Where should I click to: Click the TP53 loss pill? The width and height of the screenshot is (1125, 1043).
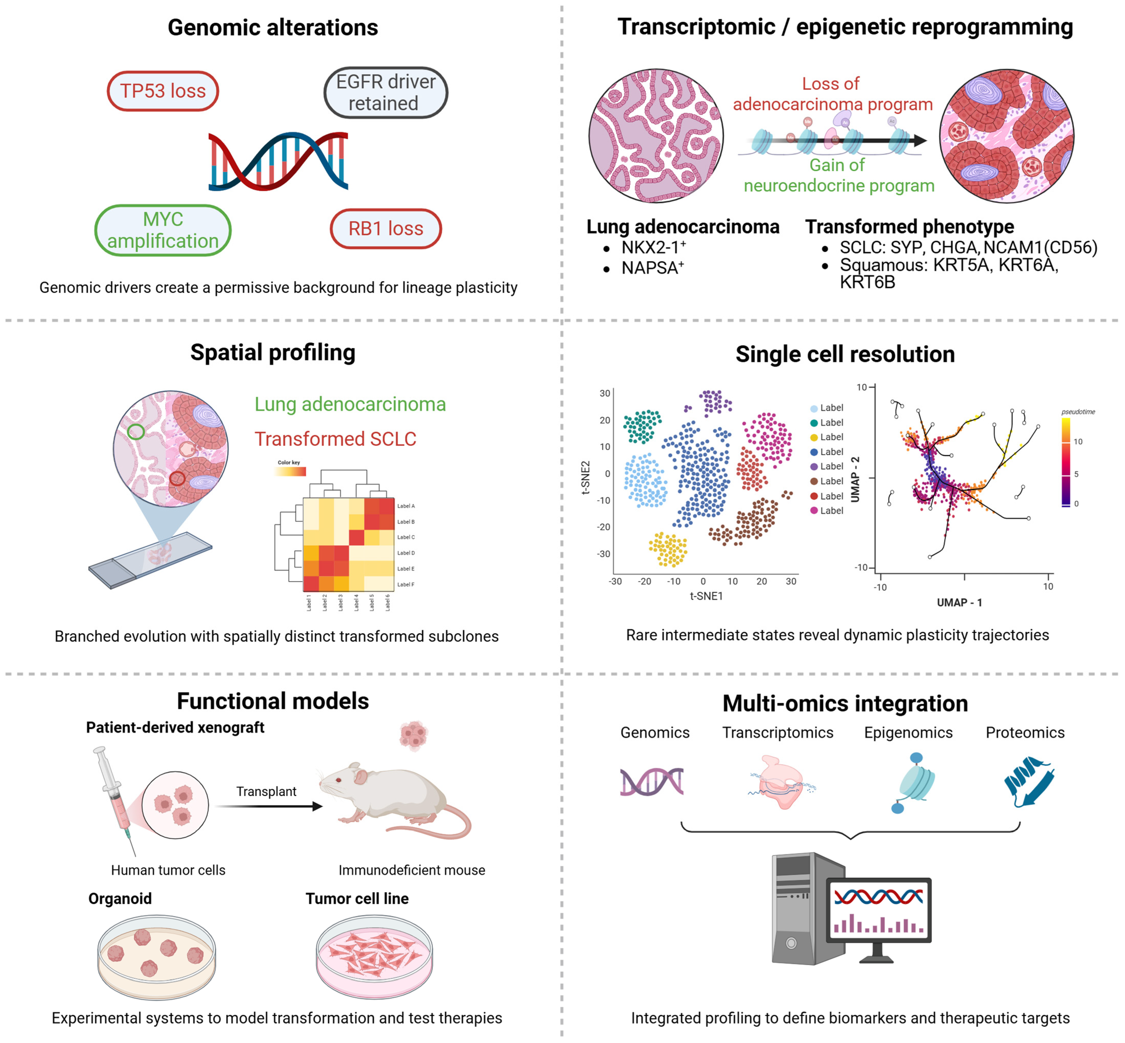pyautogui.click(x=163, y=91)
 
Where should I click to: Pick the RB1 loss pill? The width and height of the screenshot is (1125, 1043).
pyautogui.click(x=386, y=229)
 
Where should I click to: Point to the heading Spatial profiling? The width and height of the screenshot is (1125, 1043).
pyautogui.click(x=273, y=352)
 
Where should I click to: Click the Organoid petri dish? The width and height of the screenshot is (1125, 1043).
pyautogui.click(x=156, y=957)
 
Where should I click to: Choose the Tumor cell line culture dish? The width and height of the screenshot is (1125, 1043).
pyautogui.click(x=374, y=957)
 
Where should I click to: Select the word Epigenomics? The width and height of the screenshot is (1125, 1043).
pyautogui.click(x=908, y=732)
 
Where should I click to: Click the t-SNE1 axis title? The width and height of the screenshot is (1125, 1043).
pyautogui.click(x=706, y=596)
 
